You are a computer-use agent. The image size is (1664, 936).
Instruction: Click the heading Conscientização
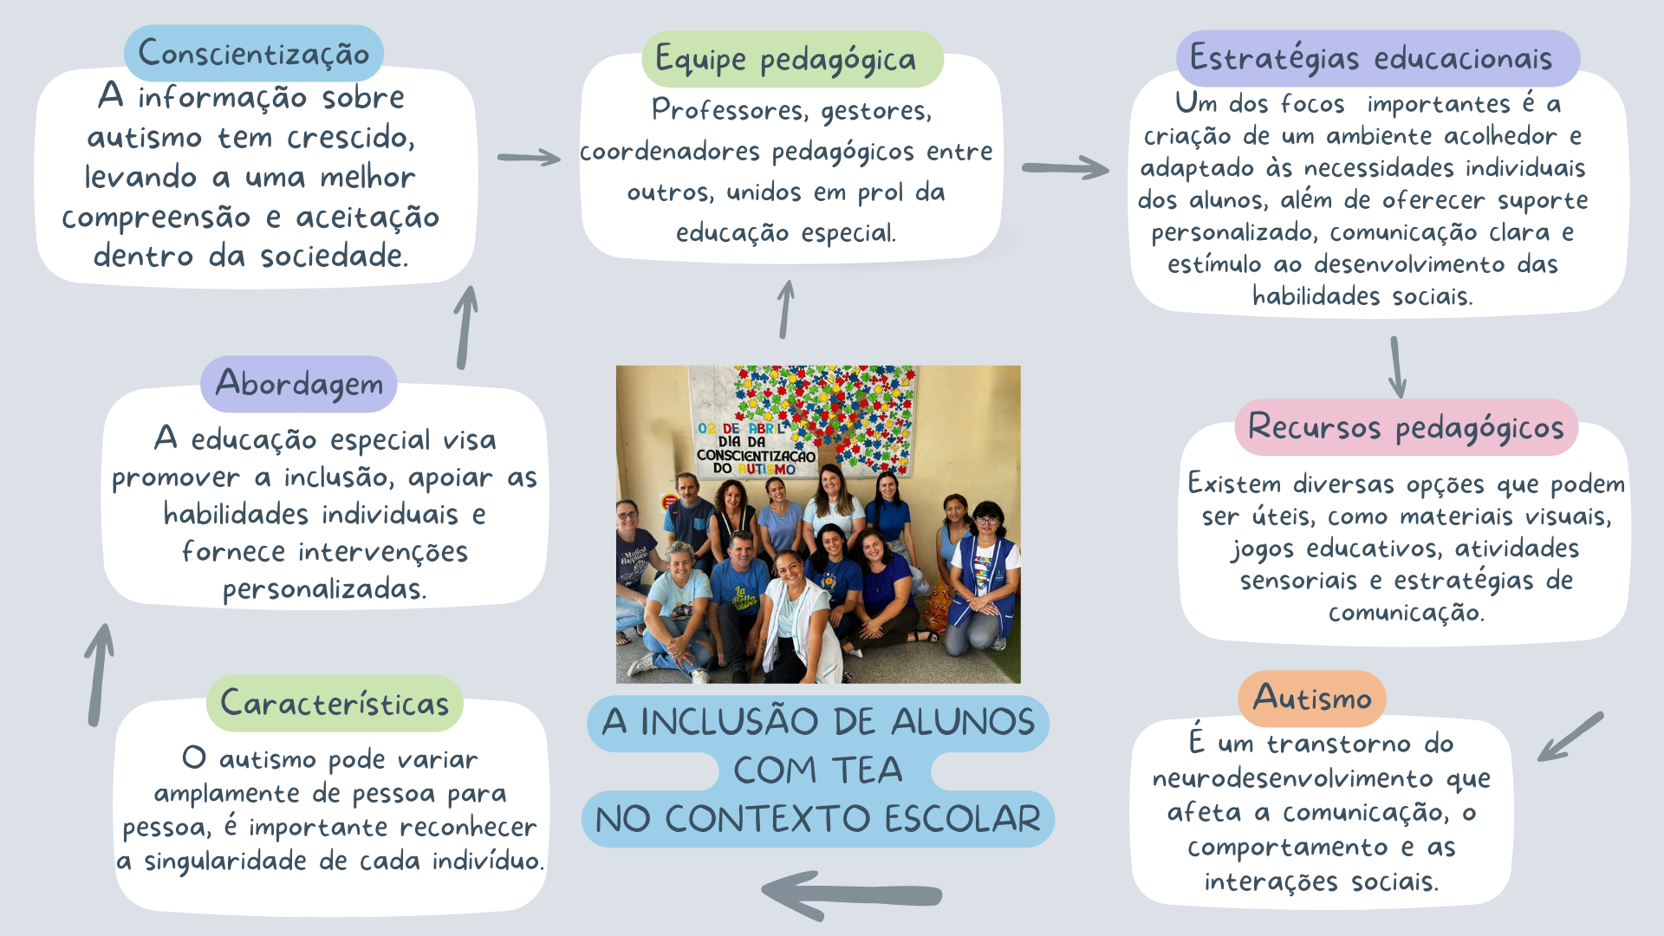coord(253,54)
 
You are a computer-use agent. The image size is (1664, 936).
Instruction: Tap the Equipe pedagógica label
coord(785,60)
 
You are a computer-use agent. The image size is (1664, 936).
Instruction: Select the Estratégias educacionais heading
coord(1371,59)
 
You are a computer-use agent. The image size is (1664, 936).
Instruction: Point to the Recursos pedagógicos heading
coord(1406,427)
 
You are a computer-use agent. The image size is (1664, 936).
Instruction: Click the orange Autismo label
coord(1312,699)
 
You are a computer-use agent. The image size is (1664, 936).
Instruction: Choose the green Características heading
coord(335,703)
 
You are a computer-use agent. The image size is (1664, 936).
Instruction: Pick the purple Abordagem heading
coord(299,384)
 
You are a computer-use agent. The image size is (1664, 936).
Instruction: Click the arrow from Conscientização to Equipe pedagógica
coord(529,158)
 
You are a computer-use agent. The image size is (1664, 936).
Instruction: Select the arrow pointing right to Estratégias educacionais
coord(1065,168)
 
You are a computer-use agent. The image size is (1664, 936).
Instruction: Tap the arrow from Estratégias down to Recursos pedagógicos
coord(1396,367)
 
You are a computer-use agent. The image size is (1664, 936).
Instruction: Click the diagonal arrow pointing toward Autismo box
coord(1570,738)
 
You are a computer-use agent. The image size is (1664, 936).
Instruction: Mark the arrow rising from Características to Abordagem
coord(100,674)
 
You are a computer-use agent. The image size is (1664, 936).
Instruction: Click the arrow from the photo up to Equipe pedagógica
coord(785,309)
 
